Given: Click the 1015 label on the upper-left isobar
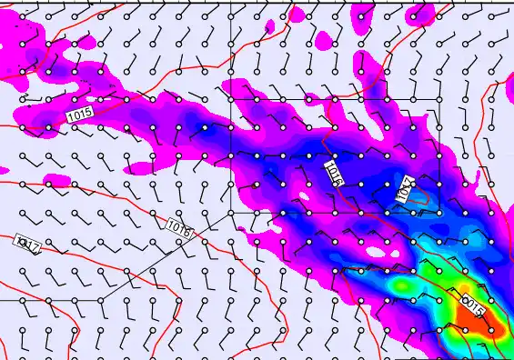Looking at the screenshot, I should pos(79,115).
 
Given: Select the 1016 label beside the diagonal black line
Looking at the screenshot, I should pos(179,228).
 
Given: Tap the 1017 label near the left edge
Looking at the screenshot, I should pos(26,245).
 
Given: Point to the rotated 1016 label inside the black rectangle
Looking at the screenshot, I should pos(334,174).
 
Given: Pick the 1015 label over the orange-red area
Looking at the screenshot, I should pos(473,305).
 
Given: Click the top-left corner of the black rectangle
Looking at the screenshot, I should pos(231,99).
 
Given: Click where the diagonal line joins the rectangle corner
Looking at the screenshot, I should pos(231,212).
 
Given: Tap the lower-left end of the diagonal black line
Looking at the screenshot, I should pos(100,299).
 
